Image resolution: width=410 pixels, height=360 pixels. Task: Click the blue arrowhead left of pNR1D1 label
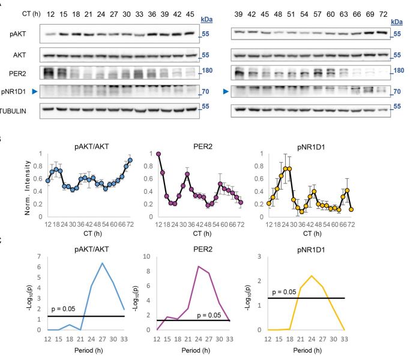(x=4, y=91)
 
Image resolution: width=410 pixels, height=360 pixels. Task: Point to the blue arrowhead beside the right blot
(x=225, y=91)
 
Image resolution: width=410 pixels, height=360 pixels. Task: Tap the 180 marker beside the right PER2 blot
(x=397, y=71)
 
